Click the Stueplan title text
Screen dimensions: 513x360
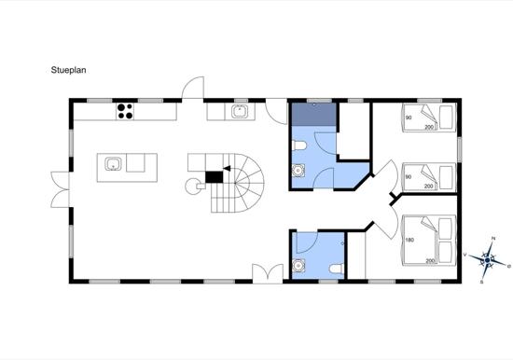68,70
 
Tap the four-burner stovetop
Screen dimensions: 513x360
125,111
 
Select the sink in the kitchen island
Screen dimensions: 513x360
113,164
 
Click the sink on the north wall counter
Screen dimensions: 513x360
240,112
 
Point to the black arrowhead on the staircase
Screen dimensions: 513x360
227,169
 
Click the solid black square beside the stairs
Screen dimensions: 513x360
214,177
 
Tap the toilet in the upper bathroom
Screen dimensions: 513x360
299,145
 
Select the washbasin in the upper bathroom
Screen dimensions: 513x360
298,171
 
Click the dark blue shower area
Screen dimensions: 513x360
314,114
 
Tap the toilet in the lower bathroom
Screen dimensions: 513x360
336,269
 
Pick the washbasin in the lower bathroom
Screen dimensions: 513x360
298,266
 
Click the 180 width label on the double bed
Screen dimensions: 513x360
409,240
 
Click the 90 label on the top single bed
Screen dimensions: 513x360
409,118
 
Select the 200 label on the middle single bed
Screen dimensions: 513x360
429,187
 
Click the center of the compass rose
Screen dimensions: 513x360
488,260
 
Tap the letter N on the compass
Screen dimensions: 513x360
493,239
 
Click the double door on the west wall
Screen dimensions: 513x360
61,190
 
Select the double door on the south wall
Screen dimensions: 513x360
268,273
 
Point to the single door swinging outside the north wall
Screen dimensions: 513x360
193,88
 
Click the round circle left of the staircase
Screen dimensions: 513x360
193,187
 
